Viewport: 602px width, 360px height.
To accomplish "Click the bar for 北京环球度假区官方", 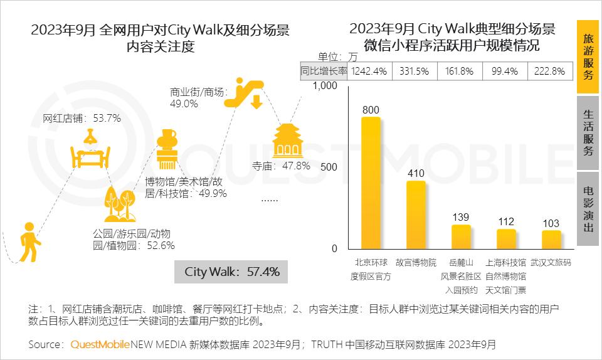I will point(371,183).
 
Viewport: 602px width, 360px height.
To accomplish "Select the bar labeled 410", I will point(416,215).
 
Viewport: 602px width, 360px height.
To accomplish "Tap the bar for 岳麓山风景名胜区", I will point(461,237).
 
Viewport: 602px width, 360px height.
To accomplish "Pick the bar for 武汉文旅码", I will point(551,240).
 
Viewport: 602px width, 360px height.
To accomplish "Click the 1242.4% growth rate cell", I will point(369,71).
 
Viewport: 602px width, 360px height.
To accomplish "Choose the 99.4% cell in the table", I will point(505,71).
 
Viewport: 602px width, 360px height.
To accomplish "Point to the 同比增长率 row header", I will point(324,71).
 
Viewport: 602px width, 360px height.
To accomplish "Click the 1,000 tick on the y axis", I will point(325,86).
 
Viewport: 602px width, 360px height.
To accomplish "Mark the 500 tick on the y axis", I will point(329,167).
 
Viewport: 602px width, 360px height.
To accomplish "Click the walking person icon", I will point(28,241).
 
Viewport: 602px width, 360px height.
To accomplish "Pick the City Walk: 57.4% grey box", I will point(232,272).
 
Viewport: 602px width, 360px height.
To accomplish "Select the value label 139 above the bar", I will point(461,217).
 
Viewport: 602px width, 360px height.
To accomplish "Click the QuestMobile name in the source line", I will point(100,344).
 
